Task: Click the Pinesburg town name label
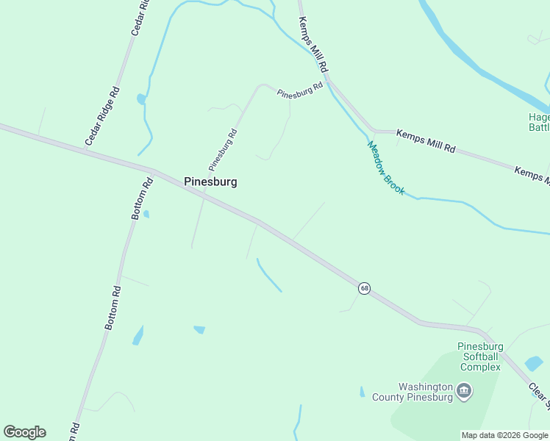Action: coord(210,182)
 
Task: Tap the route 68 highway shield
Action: coord(364,288)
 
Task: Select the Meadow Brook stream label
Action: coord(386,168)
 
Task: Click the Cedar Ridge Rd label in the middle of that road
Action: coord(102,116)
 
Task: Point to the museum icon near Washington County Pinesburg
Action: coord(463,390)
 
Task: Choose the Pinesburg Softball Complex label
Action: coord(480,356)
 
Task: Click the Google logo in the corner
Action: coord(24,432)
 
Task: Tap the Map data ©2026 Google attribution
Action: coord(504,435)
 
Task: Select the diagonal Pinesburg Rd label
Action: coord(223,147)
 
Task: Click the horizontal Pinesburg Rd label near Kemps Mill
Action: coord(300,91)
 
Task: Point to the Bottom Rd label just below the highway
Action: coord(142,197)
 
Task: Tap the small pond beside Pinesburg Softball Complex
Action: coord(534,363)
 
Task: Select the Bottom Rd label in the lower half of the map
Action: coord(112,308)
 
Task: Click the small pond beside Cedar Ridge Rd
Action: coord(140,98)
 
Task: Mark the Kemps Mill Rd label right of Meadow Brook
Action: coord(426,141)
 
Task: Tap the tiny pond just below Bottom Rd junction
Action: coord(146,215)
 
